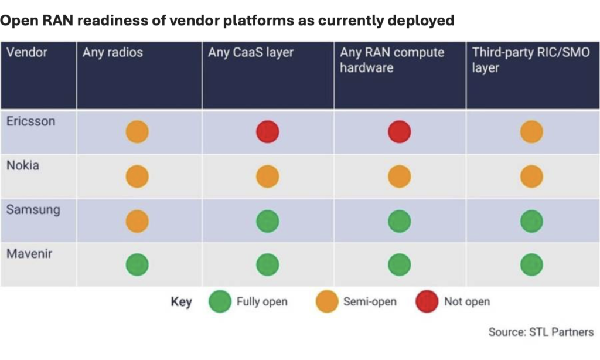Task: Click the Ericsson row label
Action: (x=30, y=121)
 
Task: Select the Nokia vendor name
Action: (x=23, y=165)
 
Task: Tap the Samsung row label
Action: (x=33, y=210)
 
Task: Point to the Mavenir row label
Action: (x=29, y=253)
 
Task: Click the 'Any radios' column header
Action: (x=112, y=52)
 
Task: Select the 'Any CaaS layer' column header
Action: (x=251, y=52)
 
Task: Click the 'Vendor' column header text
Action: (x=26, y=52)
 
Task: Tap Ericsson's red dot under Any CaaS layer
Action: (x=267, y=132)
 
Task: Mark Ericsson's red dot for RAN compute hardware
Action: (x=400, y=132)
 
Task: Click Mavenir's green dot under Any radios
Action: (x=137, y=264)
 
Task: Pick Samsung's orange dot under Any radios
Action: (x=137, y=221)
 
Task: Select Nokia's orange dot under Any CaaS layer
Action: (x=267, y=176)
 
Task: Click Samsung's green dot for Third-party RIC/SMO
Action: (x=531, y=221)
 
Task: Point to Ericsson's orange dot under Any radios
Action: (x=137, y=132)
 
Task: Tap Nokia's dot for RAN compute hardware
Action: (x=400, y=176)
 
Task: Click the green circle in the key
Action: (x=220, y=301)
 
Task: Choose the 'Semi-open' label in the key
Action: (x=370, y=302)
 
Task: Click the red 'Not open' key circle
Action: (x=427, y=301)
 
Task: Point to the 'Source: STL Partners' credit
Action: (x=541, y=332)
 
